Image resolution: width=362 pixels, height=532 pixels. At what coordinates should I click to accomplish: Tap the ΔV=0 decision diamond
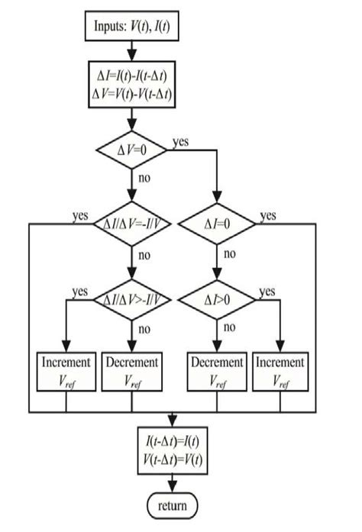tap(133, 150)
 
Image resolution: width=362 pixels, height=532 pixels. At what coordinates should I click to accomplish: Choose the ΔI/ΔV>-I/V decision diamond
tap(133, 298)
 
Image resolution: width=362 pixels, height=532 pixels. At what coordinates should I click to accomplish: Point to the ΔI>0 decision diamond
tap(217, 298)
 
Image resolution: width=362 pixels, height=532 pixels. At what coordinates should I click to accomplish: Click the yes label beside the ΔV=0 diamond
tap(182, 142)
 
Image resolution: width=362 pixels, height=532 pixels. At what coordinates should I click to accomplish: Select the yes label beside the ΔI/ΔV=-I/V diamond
tap(79, 216)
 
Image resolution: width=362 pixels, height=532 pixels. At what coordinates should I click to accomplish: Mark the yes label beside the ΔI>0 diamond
tap(267, 291)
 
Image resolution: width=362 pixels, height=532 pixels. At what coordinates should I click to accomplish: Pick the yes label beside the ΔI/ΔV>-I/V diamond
tap(79, 291)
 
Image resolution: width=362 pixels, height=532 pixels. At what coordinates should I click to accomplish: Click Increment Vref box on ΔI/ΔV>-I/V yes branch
tap(66, 370)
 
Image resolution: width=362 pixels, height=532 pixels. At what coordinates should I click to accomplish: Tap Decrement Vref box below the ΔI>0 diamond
tap(217, 370)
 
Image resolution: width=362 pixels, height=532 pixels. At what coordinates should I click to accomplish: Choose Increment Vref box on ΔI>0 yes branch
tap(280, 370)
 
